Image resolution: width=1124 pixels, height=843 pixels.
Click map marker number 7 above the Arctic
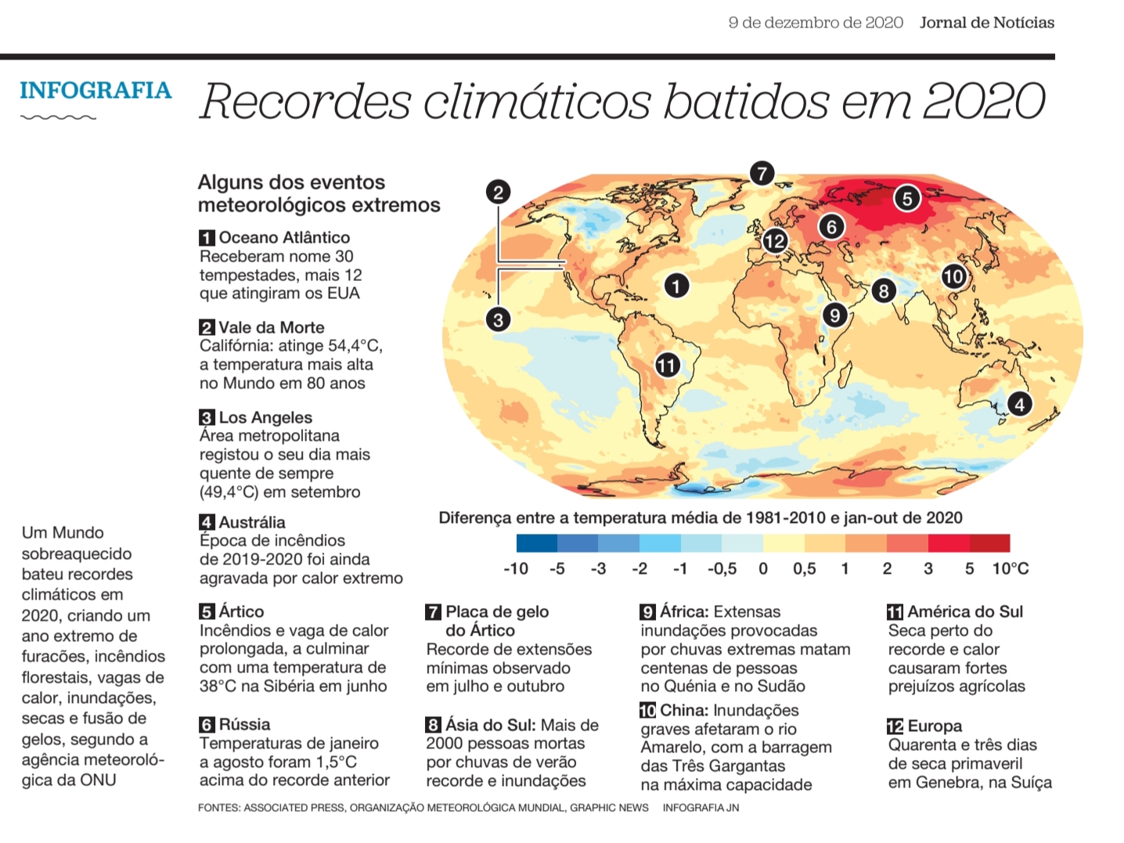pyautogui.click(x=762, y=174)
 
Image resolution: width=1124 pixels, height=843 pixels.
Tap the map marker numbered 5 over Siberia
pyautogui.click(x=907, y=198)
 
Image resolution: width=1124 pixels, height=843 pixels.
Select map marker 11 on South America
pyautogui.click(x=667, y=366)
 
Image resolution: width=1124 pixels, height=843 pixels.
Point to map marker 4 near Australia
pyautogui.click(x=1020, y=405)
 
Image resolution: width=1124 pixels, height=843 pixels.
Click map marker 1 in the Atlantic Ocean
pyautogui.click(x=676, y=286)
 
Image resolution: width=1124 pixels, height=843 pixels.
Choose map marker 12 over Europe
pyautogui.click(x=775, y=241)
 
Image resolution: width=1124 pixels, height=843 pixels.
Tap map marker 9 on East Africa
pyautogui.click(x=834, y=315)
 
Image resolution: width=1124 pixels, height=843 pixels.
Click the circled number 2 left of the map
pyautogui.click(x=499, y=193)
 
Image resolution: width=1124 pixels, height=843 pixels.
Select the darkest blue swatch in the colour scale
pyautogui.click(x=537, y=543)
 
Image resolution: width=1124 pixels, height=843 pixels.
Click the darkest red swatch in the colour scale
pyautogui.click(x=989, y=543)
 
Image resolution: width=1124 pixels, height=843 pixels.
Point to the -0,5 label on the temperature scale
pyautogui.click(x=722, y=569)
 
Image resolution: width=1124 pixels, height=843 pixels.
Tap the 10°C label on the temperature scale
pyautogui.click(x=1011, y=569)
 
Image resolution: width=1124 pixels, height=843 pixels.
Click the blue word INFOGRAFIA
pyautogui.click(x=95, y=90)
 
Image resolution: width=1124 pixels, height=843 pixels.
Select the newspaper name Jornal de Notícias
pyautogui.click(x=987, y=23)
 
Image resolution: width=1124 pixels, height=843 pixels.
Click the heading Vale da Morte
pyautogui.click(x=272, y=327)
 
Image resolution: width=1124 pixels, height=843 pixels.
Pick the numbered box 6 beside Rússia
pyautogui.click(x=207, y=725)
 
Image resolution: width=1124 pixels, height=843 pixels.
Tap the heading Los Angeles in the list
pyautogui.click(x=265, y=418)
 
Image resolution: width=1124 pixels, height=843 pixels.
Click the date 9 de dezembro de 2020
pyautogui.click(x=816, y=23)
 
